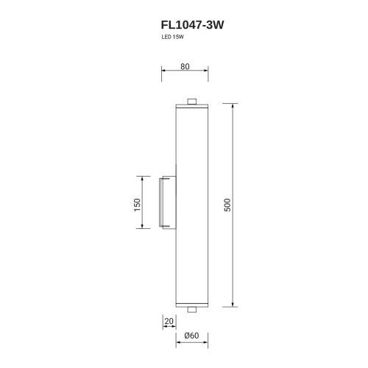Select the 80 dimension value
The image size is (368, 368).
tap(185, 66)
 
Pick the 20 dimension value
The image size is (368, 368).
tap(169, 321)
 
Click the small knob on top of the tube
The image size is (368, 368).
tap(192, 102)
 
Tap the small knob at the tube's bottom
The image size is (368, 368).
tap(192, 309)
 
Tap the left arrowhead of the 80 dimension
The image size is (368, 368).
tap(163, 74)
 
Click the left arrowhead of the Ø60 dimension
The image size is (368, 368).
tap(177, 343)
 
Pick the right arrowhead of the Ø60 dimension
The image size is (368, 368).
tap(207, 343)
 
